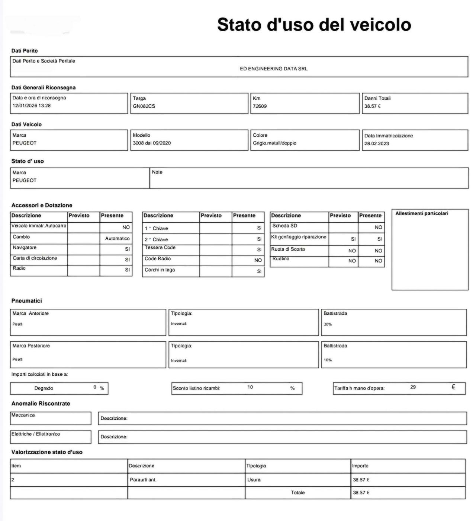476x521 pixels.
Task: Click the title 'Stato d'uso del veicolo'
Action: point(314,25)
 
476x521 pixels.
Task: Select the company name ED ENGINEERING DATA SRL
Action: point(274,69)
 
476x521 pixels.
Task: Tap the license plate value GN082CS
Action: point(144,106)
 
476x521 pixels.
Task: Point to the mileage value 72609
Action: point(260,106)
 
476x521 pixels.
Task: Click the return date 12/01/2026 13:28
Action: point(32,106)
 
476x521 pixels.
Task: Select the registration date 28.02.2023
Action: point(376,143)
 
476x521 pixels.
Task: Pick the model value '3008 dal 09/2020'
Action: point(152,143)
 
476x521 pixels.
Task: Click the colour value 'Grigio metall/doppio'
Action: point(274,143)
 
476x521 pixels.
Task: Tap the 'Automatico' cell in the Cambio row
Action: point(117,238)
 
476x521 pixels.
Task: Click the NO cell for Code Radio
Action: point(258,260)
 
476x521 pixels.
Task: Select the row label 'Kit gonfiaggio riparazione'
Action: point(299,237)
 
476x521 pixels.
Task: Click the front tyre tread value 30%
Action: point(328,324)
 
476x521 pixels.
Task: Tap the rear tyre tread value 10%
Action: point(328,360)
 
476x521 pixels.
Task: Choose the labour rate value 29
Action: point(413,387)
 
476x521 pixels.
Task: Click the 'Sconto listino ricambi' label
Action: point(196,388)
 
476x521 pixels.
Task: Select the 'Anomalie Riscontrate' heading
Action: point(41,404)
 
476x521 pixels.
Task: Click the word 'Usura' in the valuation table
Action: point(254,480)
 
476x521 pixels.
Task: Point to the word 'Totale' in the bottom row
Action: point(297,493)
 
